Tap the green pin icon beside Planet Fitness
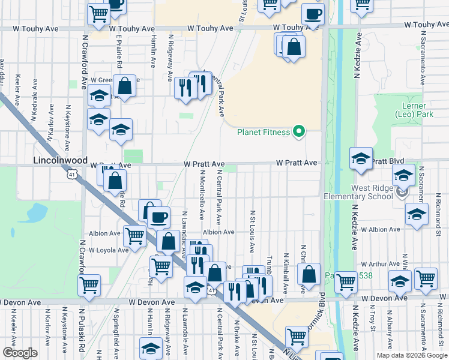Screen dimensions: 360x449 298,132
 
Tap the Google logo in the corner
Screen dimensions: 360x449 20,353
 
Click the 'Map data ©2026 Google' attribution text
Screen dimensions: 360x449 411,355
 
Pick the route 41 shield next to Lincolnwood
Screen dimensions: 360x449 72,175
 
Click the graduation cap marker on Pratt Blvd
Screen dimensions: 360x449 361,159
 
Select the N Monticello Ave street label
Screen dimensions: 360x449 202,199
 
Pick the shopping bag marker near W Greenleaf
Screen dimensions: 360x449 125,86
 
